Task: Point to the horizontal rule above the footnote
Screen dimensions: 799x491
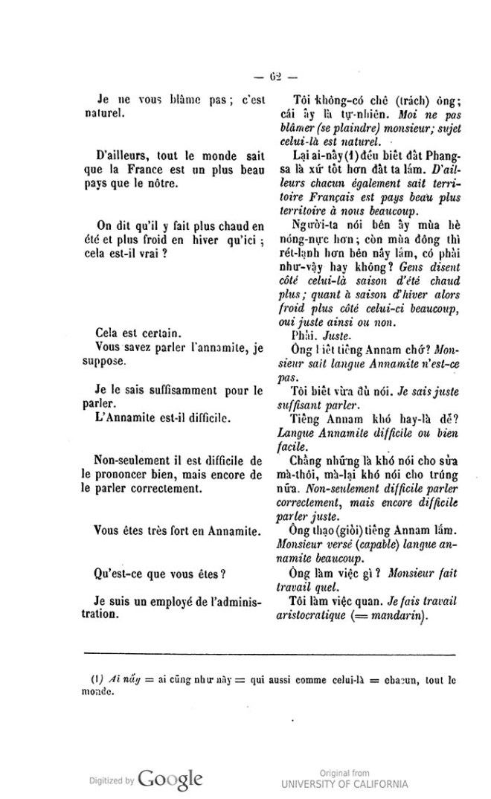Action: tap(269, 653)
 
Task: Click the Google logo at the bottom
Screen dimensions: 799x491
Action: tap(170, 779)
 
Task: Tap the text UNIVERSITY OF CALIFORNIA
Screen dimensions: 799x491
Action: tap(344, 783)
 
